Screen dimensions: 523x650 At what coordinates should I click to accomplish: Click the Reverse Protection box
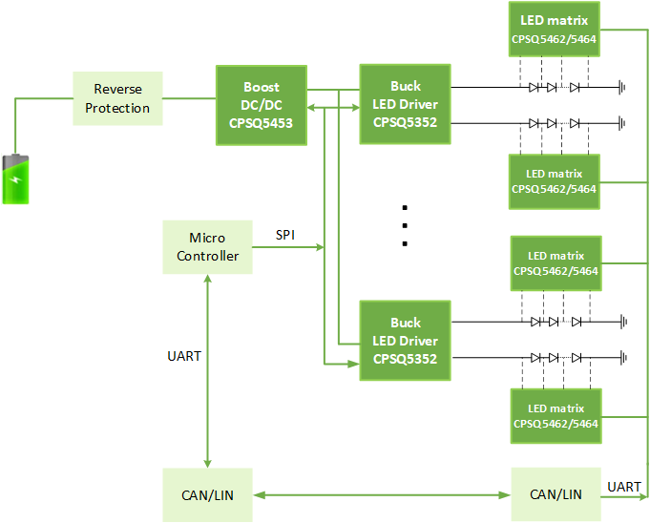[117, 98]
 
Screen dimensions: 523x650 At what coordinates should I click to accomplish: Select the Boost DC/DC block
[261, 105]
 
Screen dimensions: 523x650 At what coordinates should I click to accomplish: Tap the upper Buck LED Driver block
[405, 105]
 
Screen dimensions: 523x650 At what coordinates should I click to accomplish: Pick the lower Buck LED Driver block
[405, 341]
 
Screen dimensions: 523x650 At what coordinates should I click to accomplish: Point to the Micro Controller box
[207, 247]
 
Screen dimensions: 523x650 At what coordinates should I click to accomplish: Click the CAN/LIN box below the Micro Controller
[207, 494]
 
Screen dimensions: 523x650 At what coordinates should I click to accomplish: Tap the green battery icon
[15, 178]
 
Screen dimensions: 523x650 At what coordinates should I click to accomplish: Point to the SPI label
[285, 235]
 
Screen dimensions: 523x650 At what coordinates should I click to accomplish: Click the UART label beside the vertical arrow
[184, 356]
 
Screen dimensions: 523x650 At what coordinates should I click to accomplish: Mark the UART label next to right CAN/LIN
[624, 487]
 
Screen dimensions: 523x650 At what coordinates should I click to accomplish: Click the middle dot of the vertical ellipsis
[405, 225]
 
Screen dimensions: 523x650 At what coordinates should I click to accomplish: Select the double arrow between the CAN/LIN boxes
[382, 494]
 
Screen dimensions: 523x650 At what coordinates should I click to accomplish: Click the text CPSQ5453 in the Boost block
[261, 123]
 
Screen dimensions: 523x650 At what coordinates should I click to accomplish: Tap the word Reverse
[117, 90]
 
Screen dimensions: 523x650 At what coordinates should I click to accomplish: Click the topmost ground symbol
[621, 87]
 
